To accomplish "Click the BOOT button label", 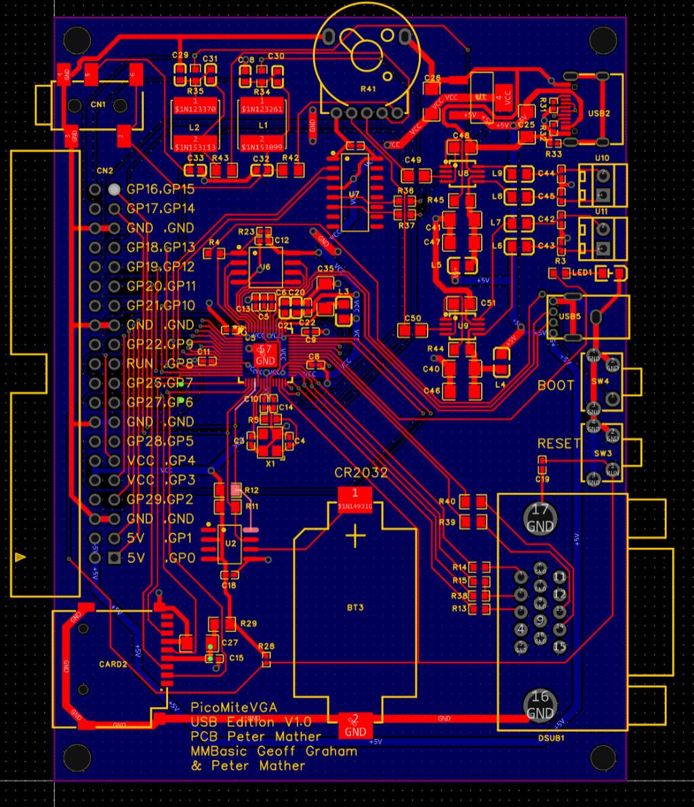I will (556, 385).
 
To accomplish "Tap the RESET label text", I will (558, 444).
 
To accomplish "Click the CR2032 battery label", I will (361, 473).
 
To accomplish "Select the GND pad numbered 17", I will (540, 518).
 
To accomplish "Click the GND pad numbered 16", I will (540, 705).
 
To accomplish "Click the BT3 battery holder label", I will (354, 608).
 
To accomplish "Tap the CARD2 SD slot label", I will (113, 664).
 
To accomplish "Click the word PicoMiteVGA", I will (234, 707).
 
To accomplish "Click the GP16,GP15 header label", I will (161, 189).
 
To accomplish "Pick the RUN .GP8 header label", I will (161, 363).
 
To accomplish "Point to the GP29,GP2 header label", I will (161, 500).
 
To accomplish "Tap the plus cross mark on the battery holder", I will (354, 538).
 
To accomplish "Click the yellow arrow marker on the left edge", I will (20, 557).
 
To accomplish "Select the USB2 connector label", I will (599, 113).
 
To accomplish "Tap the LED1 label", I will (581, 272).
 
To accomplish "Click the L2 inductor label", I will (195, 127).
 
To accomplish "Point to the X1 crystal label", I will (270, 463).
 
